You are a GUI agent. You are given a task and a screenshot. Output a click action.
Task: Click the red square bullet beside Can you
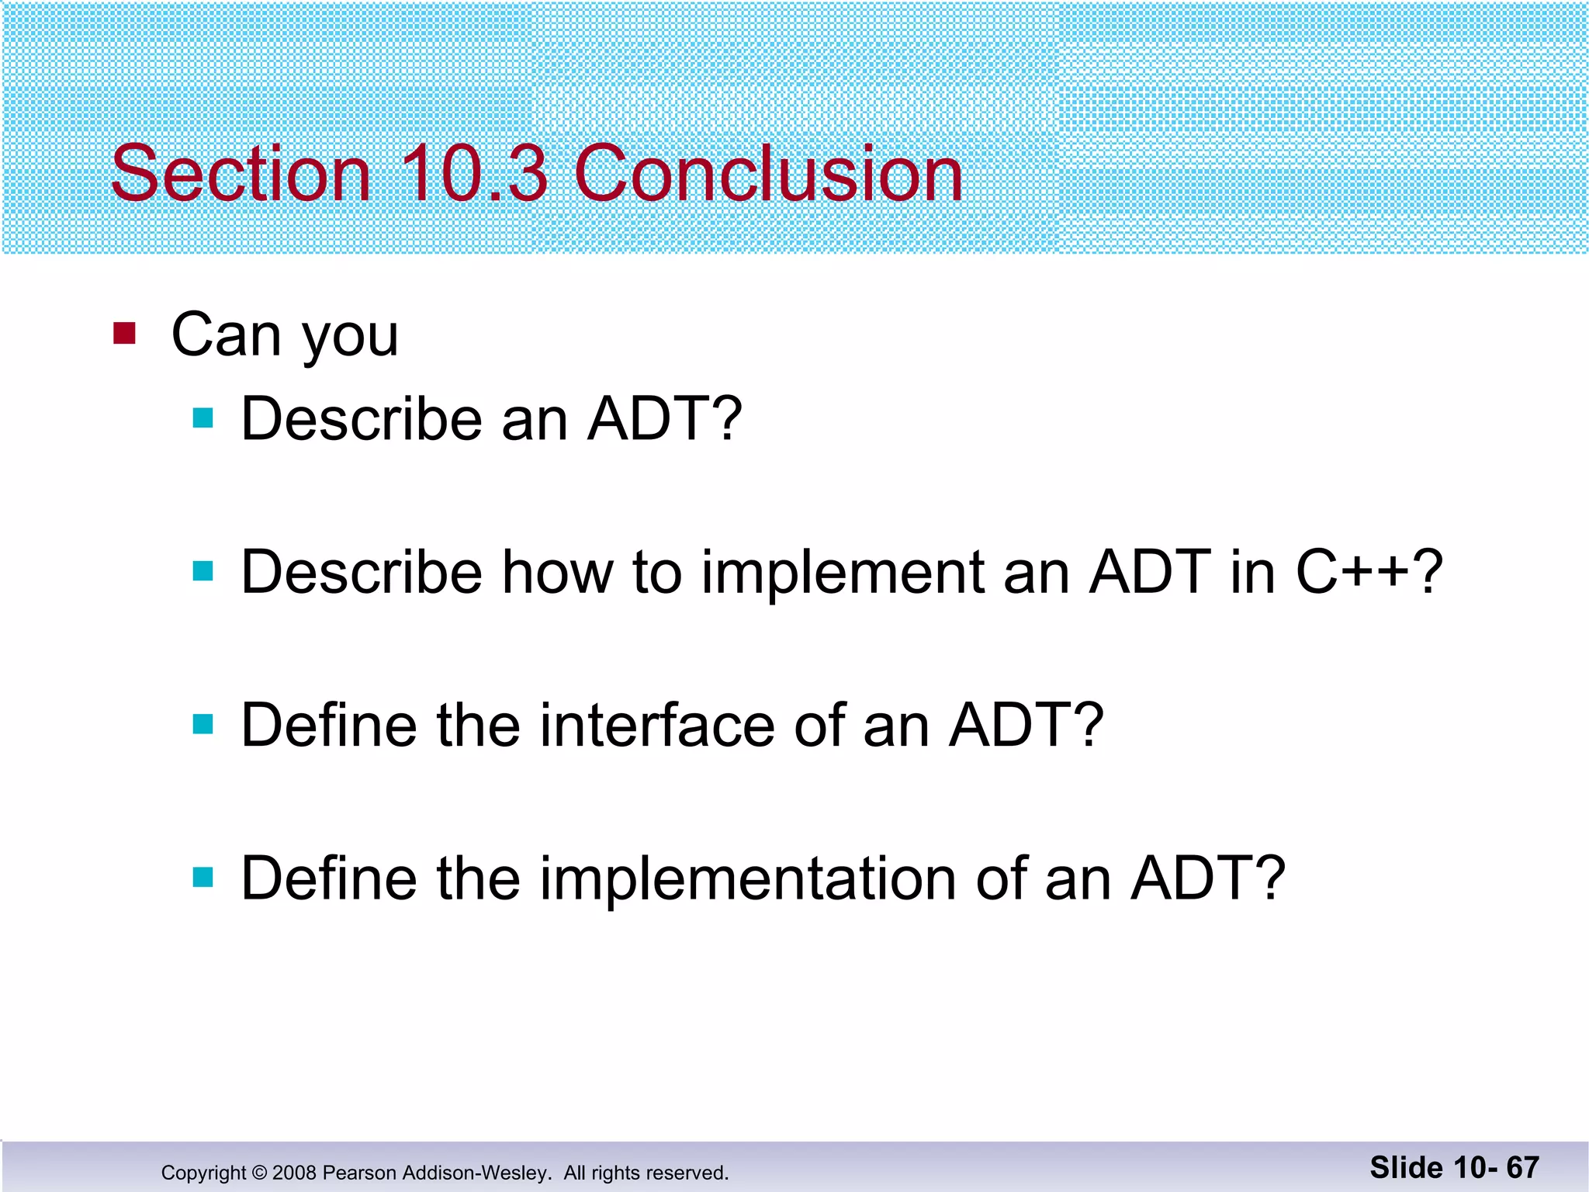(x=124, y=334)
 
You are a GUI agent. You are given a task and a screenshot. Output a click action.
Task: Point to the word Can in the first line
(x=225, y=335)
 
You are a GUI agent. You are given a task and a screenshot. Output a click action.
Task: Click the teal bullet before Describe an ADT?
(x=203, y=419)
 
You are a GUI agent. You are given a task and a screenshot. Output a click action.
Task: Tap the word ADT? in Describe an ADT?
(x=664, y=419)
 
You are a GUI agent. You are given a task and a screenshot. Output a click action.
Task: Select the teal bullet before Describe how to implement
(x=203, y=572)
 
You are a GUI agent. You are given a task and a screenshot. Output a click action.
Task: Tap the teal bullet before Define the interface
(x=203, y=725)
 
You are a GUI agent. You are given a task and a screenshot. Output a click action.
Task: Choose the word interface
(x=656, y=726)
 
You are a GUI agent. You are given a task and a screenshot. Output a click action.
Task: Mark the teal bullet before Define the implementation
(x=203, y=878)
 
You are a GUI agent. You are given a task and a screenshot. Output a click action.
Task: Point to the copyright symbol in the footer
(x=259, y=1173)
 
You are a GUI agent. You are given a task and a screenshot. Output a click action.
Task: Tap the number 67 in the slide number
(x=1522, y=1168)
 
